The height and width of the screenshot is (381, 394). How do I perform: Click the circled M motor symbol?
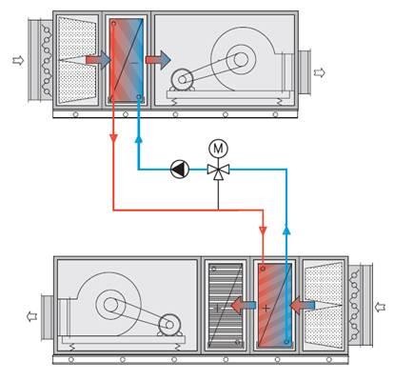[x=218, y=149]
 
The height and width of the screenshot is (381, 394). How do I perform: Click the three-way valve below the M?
[x=218, y=170]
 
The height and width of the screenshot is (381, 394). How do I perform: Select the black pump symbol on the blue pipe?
[x=180, y=170]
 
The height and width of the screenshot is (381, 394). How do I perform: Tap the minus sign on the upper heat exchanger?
[x=134, y=63]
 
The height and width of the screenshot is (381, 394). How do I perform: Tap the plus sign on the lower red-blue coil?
[x=266, y=308]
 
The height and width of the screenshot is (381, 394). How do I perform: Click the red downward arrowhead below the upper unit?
[x=113, y=138]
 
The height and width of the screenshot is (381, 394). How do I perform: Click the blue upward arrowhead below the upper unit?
[x=138, y=140]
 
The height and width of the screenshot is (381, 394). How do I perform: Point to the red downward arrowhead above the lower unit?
[x=263, y=231]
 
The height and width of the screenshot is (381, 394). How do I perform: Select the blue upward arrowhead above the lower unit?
[x=286, y=230]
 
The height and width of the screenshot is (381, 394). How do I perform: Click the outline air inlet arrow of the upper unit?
[x=18, y=60]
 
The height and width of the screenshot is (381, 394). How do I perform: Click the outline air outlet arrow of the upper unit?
[x=320, y=72]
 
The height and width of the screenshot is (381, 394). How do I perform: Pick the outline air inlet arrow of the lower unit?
[x=380, y=307]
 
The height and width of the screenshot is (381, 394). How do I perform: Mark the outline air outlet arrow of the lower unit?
[x=32, y=316]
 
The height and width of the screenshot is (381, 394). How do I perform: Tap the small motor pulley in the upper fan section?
[x=182, y=79]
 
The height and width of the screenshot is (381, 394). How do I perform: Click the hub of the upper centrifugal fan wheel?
[x=241, y=59]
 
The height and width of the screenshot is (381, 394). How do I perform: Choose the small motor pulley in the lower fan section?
[x=169, y=325]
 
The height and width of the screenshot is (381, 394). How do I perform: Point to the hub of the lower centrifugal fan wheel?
[x=110, y=305]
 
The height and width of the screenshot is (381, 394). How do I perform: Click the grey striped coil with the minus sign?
[x=226, y=306]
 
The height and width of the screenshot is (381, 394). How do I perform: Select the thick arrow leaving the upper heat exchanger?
[x=158, y=60]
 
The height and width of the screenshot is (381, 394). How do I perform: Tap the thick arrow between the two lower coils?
[x=243, y=306]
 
